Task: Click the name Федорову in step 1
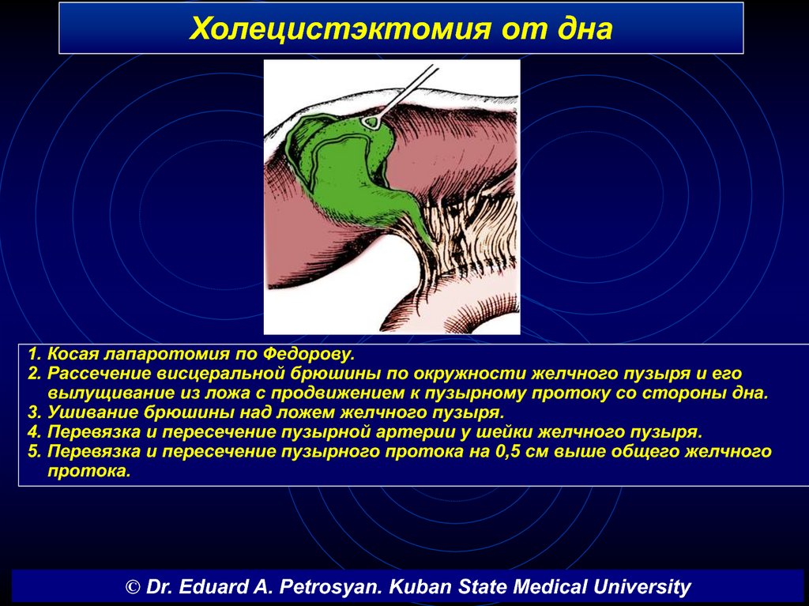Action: click(309, 354)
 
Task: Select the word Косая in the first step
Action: click(72, 354)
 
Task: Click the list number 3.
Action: click(34, 413)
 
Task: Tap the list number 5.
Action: click(34, 452)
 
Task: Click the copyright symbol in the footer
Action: click(133, 587)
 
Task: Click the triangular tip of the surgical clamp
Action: click(371, 122)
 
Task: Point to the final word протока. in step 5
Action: click(88, 472)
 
